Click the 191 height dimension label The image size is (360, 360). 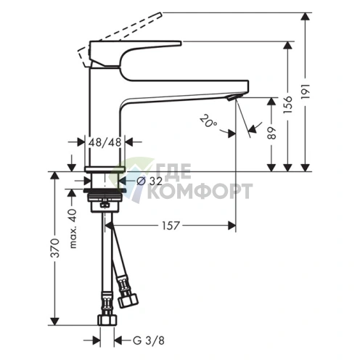306,91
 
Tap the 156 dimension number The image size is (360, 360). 288,105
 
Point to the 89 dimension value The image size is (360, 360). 271,133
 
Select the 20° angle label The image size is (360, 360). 208,120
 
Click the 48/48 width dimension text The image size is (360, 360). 105,142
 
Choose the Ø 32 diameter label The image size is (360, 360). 150,181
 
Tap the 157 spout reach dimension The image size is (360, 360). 171,226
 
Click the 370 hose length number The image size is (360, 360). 55,248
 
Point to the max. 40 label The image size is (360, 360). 73,229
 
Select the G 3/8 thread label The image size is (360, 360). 149,340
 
